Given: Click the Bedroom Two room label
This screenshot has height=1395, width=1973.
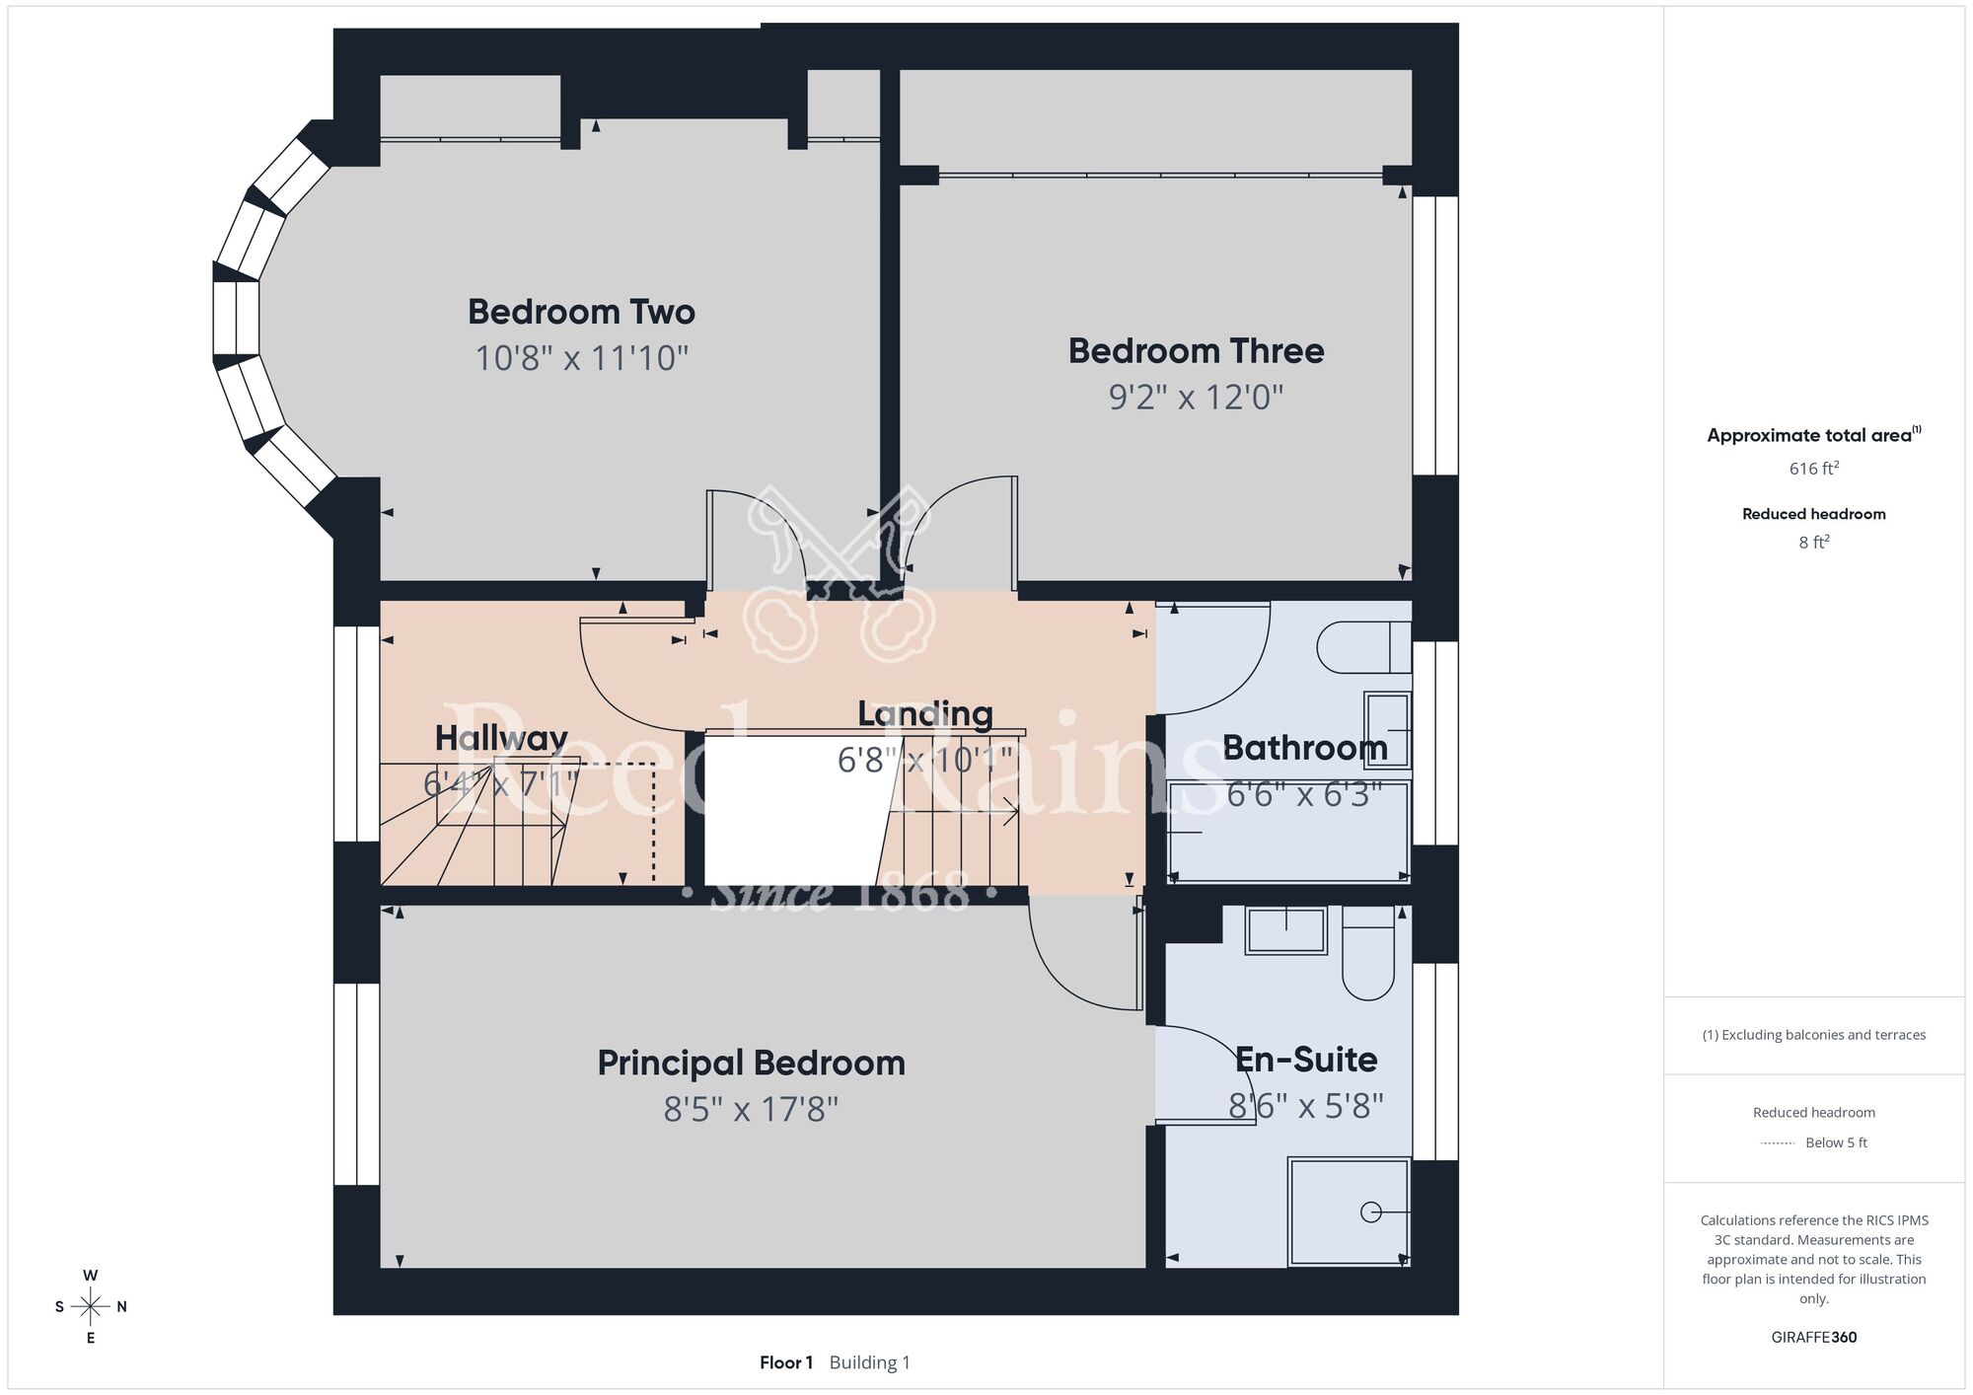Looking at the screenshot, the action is click(581, 312).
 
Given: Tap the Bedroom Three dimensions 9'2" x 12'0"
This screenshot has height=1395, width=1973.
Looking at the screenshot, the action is click(1196, 397).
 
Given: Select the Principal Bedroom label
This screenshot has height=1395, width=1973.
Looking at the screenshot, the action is click(751, 1063).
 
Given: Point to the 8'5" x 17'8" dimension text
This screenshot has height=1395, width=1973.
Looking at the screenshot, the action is click(751, 1109).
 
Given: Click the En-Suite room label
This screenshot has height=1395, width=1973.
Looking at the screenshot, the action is click(1306, 1059).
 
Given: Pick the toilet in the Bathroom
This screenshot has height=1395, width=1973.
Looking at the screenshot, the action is click(1363, 647).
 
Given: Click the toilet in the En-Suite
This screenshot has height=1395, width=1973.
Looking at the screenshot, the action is click(1367, 953).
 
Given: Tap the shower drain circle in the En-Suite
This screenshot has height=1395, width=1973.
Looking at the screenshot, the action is click(1371, 1212).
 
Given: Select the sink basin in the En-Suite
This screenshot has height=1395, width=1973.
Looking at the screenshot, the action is click(1286, 930).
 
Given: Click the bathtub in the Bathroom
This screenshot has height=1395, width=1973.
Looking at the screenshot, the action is click(1288, 832).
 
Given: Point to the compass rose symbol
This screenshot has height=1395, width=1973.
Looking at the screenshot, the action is click(90, 1306).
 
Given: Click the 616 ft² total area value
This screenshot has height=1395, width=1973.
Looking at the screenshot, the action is click(1813, 468).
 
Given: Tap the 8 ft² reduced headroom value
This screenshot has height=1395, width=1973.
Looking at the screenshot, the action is click(1813, 542).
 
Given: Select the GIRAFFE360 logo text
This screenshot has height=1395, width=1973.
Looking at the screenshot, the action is click(1813, 1337).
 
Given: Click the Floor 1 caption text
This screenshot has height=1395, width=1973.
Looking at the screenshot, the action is click(786, 1362).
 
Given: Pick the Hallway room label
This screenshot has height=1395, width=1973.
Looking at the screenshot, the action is click(501, 738).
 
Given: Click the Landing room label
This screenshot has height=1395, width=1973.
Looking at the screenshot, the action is click(924, 713).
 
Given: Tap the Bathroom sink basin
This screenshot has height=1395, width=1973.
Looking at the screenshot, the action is click(1387, 730).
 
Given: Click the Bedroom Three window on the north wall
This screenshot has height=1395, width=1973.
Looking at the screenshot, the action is click(1435, 335).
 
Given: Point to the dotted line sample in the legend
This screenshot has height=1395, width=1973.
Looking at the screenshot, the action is click(1778, 1143).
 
